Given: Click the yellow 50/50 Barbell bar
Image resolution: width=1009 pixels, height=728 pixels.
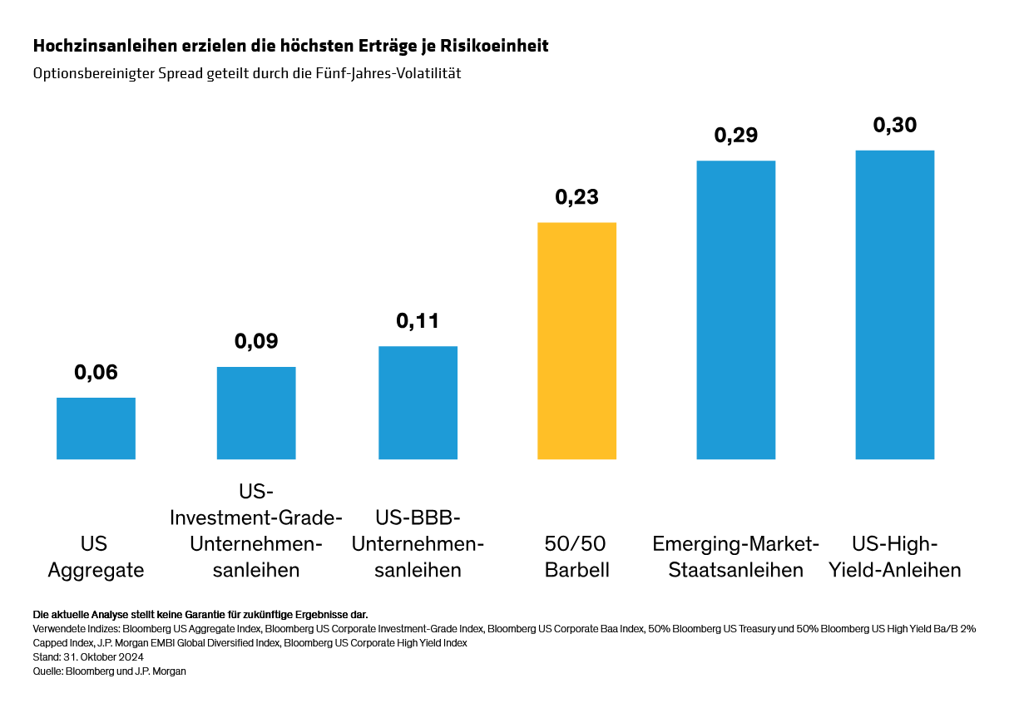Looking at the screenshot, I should (576, 340).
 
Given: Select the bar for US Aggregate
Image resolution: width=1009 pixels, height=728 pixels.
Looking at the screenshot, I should (96, 428).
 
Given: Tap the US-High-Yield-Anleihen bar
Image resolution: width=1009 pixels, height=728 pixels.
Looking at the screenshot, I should (894, 305).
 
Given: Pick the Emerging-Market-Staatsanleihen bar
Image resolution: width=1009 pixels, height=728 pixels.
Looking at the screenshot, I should (735, 310).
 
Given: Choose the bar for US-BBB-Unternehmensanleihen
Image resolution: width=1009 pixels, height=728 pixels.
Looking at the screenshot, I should (418, 402).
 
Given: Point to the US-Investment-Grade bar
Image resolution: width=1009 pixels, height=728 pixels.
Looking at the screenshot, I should (256, 413).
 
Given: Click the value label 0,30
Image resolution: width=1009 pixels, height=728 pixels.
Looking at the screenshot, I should (894, 126).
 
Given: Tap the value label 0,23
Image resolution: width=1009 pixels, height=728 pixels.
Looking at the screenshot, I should (576, 198).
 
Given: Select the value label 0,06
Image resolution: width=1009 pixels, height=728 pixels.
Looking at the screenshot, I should (96, 373).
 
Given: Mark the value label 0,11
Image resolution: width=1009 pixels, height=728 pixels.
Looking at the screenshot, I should (418, 322).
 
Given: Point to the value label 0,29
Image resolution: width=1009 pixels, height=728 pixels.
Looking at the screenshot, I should (735, 136).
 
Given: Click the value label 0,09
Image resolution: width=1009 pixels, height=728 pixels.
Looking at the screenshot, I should (256, 342).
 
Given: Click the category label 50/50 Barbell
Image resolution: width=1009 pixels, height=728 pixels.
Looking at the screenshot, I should (576, 557).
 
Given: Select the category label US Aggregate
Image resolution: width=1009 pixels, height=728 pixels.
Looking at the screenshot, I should (96, 557).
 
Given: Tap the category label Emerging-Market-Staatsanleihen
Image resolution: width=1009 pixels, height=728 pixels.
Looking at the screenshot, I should (735, 557).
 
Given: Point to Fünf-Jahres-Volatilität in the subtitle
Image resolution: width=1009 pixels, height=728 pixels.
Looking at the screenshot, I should (393, 73).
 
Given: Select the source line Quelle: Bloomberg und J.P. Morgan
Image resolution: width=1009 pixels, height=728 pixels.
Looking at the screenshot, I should (109, 671).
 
